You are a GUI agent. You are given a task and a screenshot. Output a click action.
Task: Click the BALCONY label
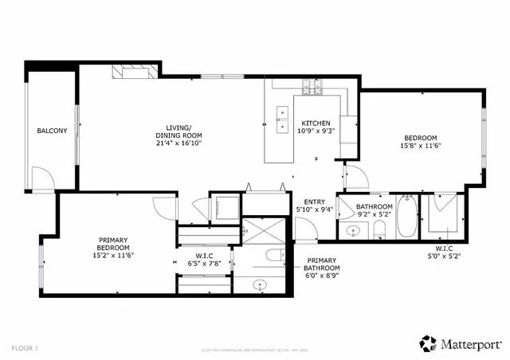point(52,131)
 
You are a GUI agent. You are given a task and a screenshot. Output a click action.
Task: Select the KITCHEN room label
point(316,123)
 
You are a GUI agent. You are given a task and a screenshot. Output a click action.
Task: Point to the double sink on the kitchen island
point(281,119)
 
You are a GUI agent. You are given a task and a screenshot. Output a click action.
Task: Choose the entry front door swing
point(307,229)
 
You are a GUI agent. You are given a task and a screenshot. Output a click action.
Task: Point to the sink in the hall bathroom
point(353,232)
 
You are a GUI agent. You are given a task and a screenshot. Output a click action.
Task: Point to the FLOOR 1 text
point(25,348)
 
